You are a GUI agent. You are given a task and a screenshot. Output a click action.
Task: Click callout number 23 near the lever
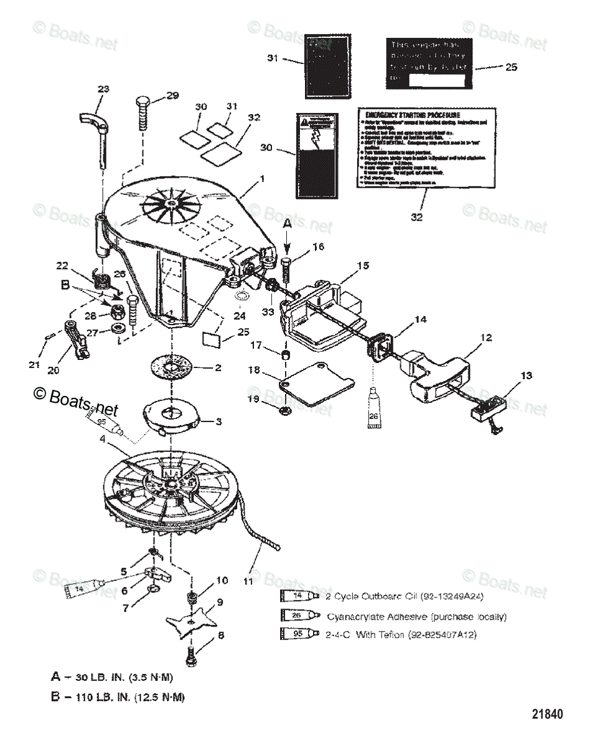pyautogui.click(x=103, y=88)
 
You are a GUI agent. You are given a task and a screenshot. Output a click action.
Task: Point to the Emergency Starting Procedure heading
pyautogui.click(x=413, y=115)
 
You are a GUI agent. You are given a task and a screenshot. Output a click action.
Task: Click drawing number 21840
pyautogui.click(x=547, y=714)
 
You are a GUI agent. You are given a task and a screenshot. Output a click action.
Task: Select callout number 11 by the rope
pyautogui.click(x=248, y=581)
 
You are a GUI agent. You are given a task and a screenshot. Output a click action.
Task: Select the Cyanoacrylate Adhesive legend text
pyautogui.click(x=416, y=617)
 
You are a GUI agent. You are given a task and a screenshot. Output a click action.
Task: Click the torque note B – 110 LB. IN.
pyautogui.click(x=118, y=697)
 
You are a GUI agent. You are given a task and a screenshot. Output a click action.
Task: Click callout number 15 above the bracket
pyautogui.click(x=362, y=265)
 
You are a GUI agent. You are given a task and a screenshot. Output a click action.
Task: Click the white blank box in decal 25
pyautogui.click(x=436, y=80)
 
